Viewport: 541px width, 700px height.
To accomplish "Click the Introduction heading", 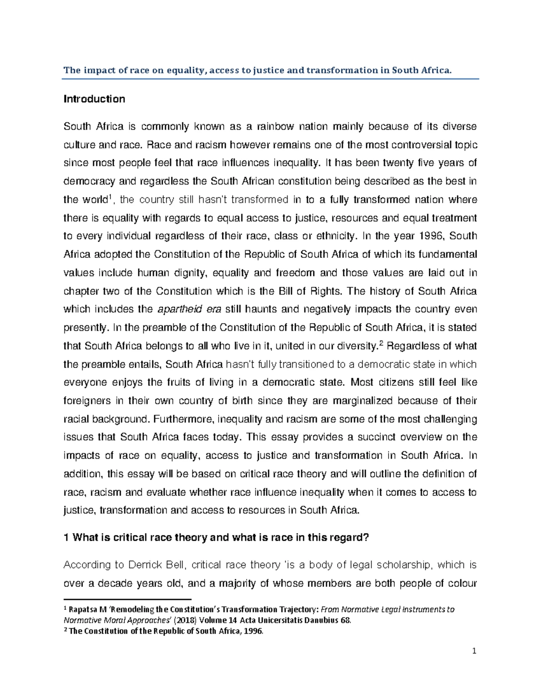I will (94, 99).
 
